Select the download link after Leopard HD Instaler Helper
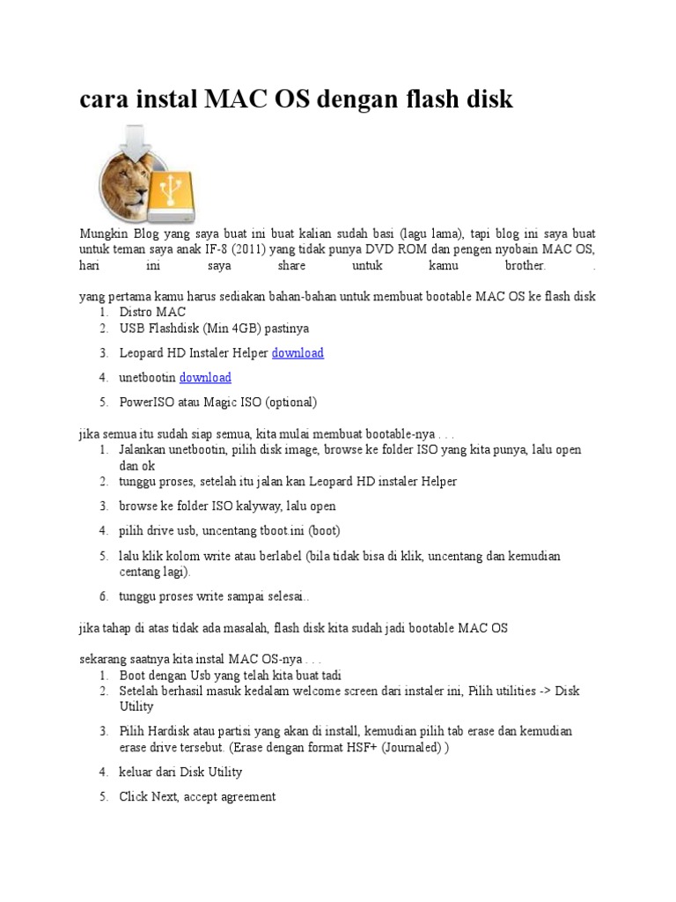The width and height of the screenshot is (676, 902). click(298, 353)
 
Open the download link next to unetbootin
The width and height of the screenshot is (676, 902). click(205, 378)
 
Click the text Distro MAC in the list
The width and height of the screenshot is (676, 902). click(153, 312)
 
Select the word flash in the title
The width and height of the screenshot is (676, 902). click(400, 100)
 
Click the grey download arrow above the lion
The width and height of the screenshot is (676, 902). click(136, 139)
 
